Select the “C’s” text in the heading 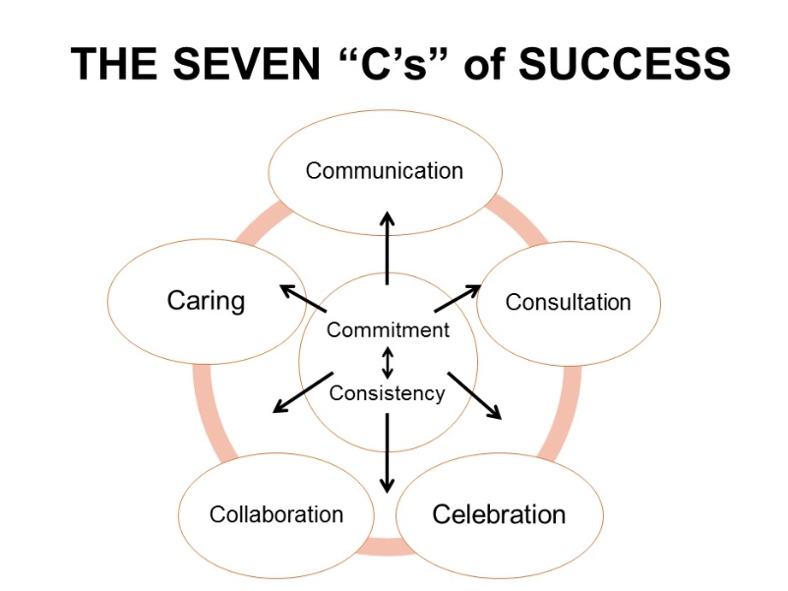pyautogui.click(x=394, y=65)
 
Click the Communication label pyautogui.click(x=384, y=170)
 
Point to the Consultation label pyautogui.click(x=568, y=302)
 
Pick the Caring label pyautogui.click(x=206, y=300)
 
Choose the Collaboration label pyautogui.click(x=276, y=514)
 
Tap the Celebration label pyautogui.click(x=499, y=513)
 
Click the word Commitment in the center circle pyautogui.click(x=388, y=330)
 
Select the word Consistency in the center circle pyautogui.click(x=387, y=393)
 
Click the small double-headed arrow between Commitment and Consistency pyautogui.click(x=388, y=362)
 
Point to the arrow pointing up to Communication pyautogui.click(x=388, y=248)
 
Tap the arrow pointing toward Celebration pyautogui.click(x=475, y=395)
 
